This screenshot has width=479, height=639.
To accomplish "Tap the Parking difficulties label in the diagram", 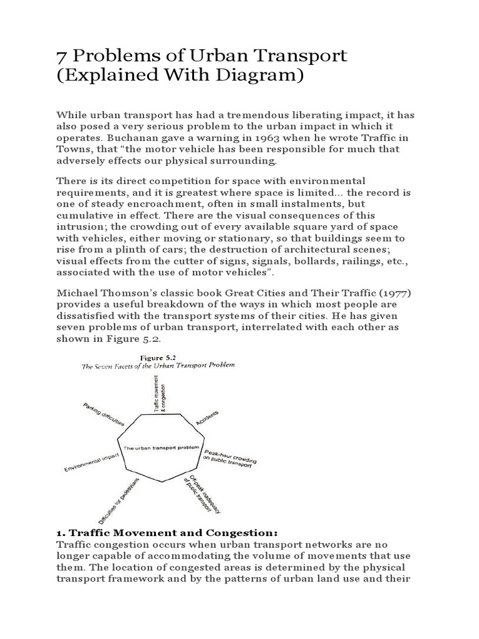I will [x=104, y=414].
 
